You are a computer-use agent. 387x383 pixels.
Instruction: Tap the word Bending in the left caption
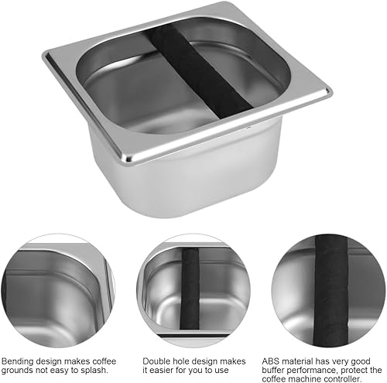pos(18,362)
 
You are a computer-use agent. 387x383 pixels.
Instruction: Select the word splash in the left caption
pos(94,371)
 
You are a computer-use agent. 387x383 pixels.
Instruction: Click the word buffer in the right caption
pos(273,370)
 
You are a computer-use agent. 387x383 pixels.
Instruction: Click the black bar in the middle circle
pos(190,289)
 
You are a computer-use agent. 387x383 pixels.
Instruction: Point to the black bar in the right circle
pos(331,291)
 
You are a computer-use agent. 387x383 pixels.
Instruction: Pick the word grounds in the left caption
pos(17,371)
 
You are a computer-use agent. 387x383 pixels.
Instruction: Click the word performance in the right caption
pos(312,371)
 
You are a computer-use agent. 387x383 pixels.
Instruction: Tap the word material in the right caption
pos(296,361)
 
